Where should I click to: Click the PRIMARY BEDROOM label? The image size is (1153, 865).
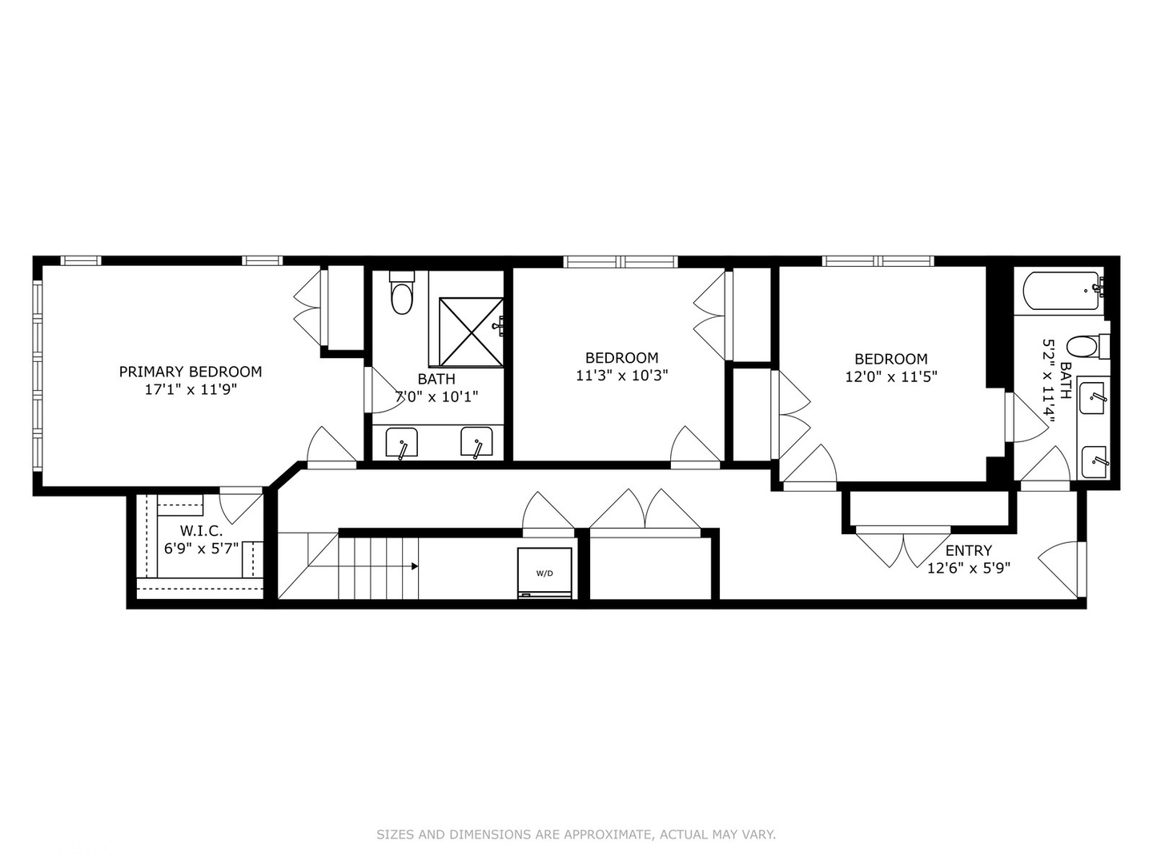tap(191, 372)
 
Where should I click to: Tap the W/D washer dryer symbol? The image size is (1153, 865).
tap(544, 573)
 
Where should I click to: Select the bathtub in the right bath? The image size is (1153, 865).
tap(1062, 292)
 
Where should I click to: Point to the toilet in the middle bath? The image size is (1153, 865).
tap(401, 296)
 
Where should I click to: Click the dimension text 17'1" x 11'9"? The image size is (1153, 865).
tap(191, 390)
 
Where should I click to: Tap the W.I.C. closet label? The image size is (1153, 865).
tap(201, 531)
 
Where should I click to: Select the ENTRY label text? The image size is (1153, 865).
tap(968, 551)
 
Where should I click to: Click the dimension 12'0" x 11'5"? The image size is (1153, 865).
tap(890, 376)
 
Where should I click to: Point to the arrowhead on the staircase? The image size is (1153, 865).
tap(414, 566)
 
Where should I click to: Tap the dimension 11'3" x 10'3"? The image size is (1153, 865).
tap(621, 376)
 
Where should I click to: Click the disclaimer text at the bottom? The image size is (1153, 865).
tap(576, 835)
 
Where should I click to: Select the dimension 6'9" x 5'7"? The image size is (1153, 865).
tap(201, 549)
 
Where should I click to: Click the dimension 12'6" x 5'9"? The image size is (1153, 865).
tap(968, 569)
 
